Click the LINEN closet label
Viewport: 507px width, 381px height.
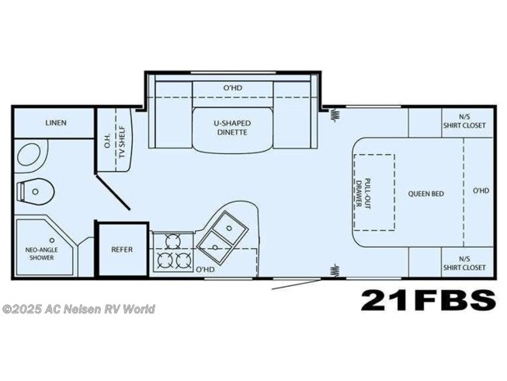(x=56, y=123)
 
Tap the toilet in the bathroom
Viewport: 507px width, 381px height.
(x=36, y=191)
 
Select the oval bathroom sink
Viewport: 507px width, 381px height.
(x=30, y=155)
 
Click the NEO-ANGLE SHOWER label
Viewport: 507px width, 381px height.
(x=42, y=253)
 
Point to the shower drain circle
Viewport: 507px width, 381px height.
(x=52, y=240)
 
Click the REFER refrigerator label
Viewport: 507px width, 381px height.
(x=122, y=250)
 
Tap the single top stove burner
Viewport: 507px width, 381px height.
(x=172, y=241)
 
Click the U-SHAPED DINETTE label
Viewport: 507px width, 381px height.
(x=232, y=128)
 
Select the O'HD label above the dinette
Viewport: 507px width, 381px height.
(x=233, y=88)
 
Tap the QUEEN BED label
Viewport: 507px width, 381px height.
(x=425, y=194)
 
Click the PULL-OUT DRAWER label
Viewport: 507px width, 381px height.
(x=363, y=194)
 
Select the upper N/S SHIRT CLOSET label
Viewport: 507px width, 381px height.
(x=464, y=122)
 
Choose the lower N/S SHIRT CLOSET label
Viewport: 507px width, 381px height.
(x=464, y=264)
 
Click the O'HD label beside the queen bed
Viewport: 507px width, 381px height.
(x=481, y=190)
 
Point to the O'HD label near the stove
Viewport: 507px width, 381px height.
(x=205, y=269)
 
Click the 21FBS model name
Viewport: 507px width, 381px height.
(x=429, y=300)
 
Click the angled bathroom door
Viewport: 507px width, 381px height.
(x=113, y=193)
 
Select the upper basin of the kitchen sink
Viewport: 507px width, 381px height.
(x=229, y=228)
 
